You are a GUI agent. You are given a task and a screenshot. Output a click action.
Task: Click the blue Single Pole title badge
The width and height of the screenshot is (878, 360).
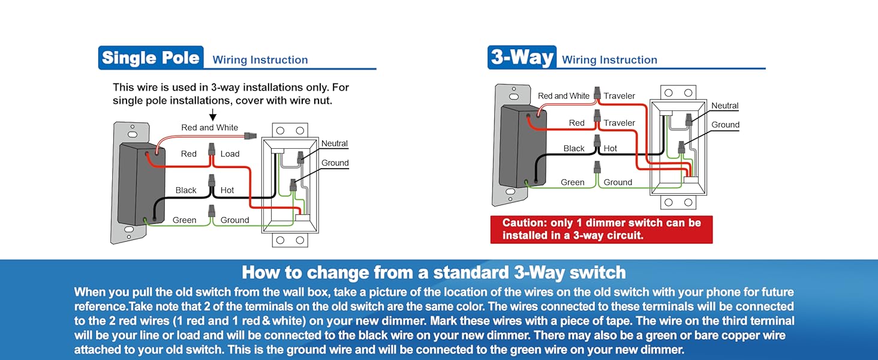tap(151, 58)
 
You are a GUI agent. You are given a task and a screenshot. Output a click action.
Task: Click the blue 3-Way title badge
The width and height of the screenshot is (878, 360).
tap(522, 57)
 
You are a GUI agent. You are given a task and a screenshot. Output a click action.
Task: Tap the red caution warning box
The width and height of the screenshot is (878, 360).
tap(602, 229)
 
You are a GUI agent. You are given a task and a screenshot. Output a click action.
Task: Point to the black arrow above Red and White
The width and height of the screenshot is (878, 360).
tap(213, 115)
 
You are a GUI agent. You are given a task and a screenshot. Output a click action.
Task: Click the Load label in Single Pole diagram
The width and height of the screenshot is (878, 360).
tap(230, 154)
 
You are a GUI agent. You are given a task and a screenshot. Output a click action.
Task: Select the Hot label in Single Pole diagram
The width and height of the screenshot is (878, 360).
tap(227, 190)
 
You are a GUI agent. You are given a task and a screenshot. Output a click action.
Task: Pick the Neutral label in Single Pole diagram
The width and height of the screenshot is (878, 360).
tap(334, 143)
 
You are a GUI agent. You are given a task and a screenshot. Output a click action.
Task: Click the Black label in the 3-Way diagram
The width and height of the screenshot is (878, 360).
tap(574, 148)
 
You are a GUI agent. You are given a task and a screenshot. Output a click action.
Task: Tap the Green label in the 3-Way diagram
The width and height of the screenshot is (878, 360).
tap(572, 182)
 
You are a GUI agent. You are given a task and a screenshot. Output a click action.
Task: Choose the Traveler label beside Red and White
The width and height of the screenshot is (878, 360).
tap(620, 95)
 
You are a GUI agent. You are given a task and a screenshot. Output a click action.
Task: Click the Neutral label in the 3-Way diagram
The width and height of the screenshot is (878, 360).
tap(724, 106)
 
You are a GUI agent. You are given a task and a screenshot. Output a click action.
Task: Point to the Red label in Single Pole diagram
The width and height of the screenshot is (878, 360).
tap(188, 154)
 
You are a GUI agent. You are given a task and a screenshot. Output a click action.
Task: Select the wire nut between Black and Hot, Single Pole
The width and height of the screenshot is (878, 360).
tap(212, 181)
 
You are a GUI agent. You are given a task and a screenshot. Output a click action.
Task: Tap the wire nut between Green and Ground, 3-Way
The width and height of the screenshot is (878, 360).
tap(597, 167)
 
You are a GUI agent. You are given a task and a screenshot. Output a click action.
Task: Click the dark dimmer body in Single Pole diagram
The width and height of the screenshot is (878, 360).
tap(142, 184)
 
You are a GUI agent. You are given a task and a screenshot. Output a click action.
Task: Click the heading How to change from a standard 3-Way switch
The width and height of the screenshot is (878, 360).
tap(434, 272)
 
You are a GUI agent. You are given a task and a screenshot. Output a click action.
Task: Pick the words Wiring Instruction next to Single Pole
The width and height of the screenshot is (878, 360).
tap(260, 59)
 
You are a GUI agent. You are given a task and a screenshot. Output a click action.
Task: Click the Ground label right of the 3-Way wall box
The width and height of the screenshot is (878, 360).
tap(725, 125)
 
